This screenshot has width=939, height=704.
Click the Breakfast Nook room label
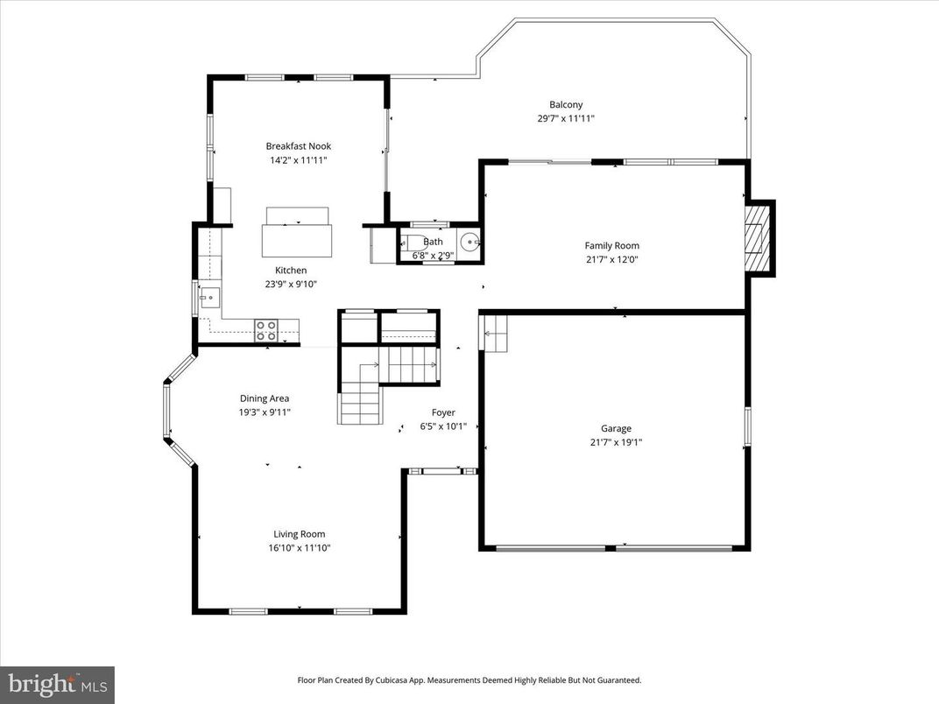(x=299, y=146)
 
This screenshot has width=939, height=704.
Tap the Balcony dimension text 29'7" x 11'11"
(x=566, y=118)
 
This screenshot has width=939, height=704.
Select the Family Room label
(x=611, y=246)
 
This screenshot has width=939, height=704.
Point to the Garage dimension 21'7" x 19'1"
(x=616, y=442)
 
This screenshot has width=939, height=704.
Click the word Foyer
(x=443, y=412)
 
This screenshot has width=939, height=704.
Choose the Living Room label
(x=299, y=534)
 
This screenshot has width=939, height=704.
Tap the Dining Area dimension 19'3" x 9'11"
(x=265, y=412)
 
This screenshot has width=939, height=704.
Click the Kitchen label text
(x=291, y=271)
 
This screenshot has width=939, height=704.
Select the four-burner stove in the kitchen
(x=266, y=330)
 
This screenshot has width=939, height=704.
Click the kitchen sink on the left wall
(x=208, y=299)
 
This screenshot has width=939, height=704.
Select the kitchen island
(x=297, y=239)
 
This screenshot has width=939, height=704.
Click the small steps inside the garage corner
(x=494, y=334)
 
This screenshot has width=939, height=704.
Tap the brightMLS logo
(x=57, y=683)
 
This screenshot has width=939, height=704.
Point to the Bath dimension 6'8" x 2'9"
(x=433, y=256)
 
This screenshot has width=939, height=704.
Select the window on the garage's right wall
(x=747, y=426)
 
